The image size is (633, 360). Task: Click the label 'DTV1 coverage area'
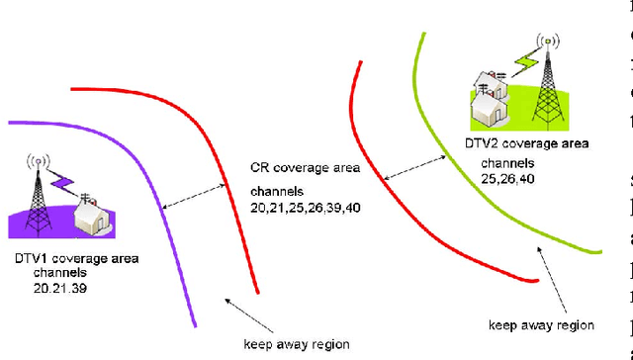coord(76,258)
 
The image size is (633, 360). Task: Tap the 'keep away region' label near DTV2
coord(541,324)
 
